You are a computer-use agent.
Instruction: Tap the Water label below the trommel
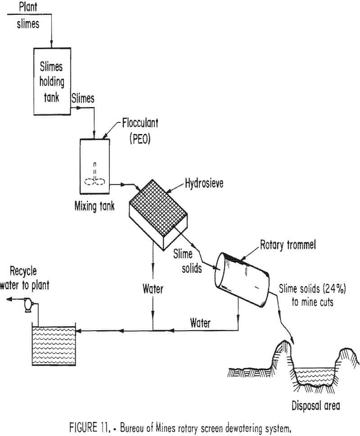(x=201, y=322)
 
